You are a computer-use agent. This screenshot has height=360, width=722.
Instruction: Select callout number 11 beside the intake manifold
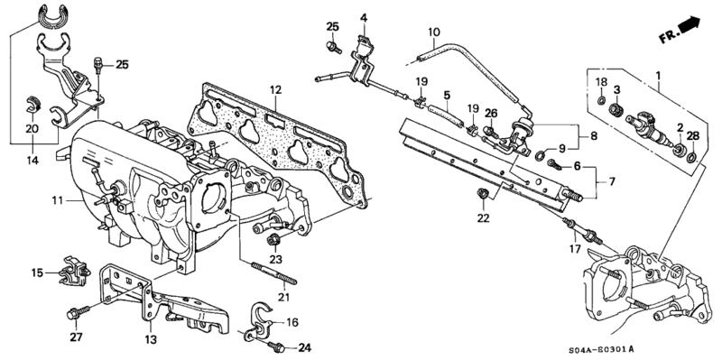pyautogui.click(x=57, y=200)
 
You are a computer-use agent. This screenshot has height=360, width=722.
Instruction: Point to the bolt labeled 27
pyautogui.click(x=79, y=312)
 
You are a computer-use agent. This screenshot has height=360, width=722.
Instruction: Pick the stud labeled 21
pyautogui.click(x=273, y=273)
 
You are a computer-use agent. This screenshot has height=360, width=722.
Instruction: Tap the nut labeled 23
pyautogui.click(x=273, y=240)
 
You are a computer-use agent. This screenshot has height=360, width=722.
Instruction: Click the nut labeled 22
pyautogui.click(x=483, y=195)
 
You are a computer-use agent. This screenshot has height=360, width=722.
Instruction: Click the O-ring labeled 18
pyautogui.click(x=602, y=100)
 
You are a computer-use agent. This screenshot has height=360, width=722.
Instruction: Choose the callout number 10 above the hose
pyautogui.click(x=434, y=32)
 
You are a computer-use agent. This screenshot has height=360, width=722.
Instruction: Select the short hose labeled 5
pyautogui.click(x=446, y=116)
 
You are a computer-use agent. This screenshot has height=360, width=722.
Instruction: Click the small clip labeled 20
pyautogui.click(x=32, y=105)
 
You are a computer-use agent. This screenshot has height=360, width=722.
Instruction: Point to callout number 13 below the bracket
pyautogui.click(x=151, y=340)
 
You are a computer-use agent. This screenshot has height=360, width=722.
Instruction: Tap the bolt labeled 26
pyautogui.click(x=490, y=133)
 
